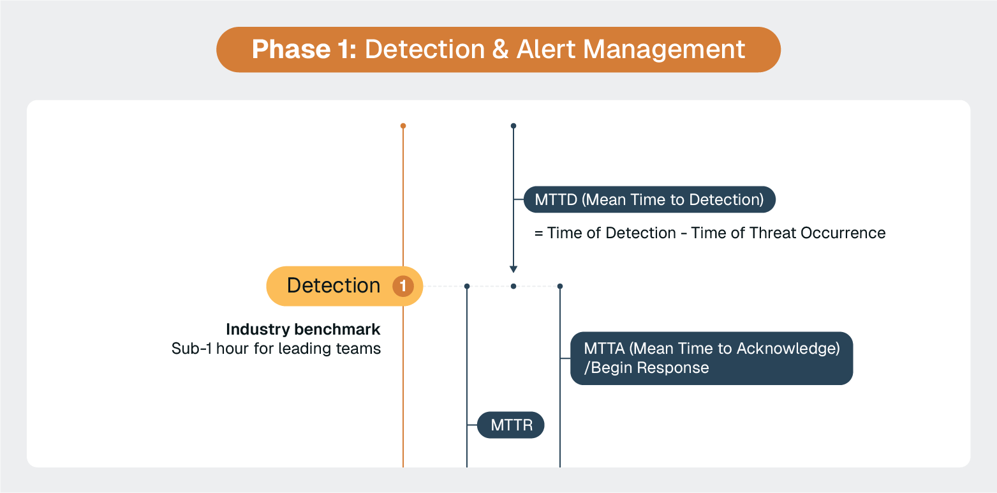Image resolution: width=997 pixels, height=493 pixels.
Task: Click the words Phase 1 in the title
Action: point(304,50)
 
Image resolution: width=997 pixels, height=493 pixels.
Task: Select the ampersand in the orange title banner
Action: point(499,50)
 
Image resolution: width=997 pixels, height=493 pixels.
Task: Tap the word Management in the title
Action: point(663,50)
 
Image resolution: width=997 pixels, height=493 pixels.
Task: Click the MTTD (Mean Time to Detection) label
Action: point(649,200)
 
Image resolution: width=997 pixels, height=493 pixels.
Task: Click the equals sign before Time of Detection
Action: point(538,233)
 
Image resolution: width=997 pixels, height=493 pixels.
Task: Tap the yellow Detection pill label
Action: point(334,285)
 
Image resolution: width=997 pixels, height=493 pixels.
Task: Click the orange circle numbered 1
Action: point(403,286)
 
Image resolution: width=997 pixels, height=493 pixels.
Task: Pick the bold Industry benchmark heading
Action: point(303,330)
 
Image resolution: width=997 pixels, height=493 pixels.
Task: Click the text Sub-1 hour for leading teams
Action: point(276,349)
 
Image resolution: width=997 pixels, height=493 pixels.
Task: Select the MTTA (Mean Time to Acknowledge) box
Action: point(711,358)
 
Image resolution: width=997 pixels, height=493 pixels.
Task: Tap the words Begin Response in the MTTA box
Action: point(650,368)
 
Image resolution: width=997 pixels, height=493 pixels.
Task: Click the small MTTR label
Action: point(512,425)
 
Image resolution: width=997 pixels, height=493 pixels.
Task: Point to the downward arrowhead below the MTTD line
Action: point(513,269)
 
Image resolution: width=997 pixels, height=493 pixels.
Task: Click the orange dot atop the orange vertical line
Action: point(403,126)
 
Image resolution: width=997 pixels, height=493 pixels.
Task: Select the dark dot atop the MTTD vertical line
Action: point(513,126)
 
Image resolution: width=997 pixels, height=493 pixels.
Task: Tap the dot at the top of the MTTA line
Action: point(560,286)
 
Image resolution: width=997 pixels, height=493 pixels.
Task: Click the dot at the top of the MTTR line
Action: point(467,286)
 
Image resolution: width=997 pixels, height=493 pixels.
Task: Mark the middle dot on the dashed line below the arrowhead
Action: point(513,286)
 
